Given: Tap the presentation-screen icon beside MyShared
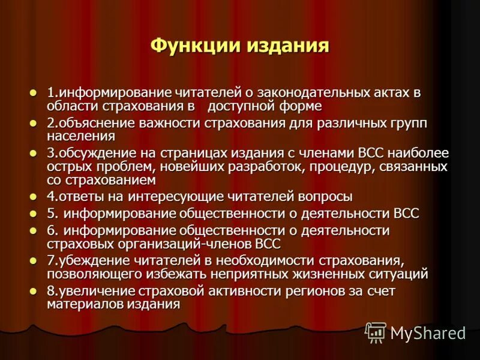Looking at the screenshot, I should coord(376,332).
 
